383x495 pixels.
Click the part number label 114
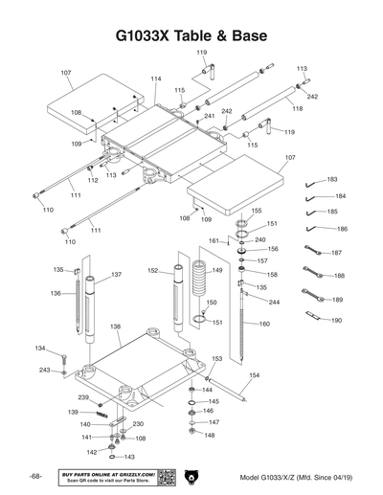coord(155,79)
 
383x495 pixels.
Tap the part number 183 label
coord(332,179)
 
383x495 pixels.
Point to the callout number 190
coord(336,320)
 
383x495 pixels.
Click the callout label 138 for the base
coord(115,326)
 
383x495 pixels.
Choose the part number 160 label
coord(265,324)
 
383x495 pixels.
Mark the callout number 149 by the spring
coord(217,271)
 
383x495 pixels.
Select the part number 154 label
coord(254,375)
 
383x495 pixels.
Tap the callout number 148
coord(210,435)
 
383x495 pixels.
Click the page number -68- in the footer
coord(34,476)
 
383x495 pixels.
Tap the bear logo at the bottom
coord(191,476)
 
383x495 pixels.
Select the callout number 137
coord(116,275)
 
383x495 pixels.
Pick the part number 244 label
coord(274,302)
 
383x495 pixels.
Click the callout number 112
coord(93,180)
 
